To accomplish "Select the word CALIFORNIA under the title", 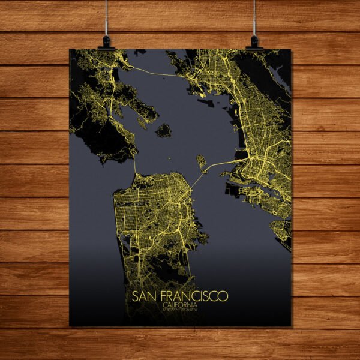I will (x=180, y=305).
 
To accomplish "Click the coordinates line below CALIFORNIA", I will (x=180, y=310).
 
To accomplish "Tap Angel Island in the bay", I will (x=163, y=130).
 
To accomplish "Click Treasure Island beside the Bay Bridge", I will (x=202, y=161).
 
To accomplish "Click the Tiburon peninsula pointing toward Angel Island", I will (x=144, y=120).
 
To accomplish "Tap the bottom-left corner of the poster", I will (x=70, y=326).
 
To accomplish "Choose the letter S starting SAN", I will (x=134, y=296).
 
